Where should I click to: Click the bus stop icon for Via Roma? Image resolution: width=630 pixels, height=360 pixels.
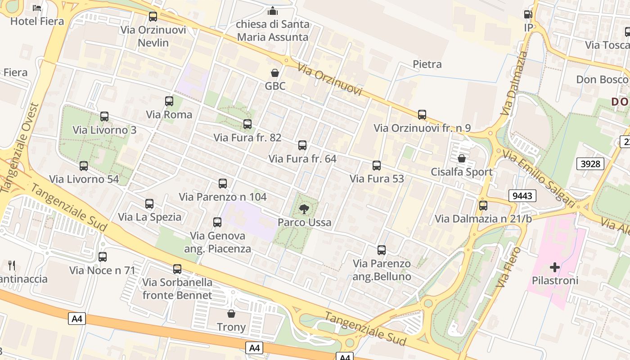coord(169,101)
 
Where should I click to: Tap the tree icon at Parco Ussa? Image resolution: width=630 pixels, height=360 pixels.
coord(304,208)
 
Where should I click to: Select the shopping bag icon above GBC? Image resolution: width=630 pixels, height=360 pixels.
coord(274,73)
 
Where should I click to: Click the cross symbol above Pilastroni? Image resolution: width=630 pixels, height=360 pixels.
coord(554,267)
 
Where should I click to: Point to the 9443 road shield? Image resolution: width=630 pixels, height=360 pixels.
coord(522,196)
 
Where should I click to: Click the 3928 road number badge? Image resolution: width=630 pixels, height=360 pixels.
coord(590,163)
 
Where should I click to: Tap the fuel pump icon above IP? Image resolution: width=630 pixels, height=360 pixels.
coord(528,14)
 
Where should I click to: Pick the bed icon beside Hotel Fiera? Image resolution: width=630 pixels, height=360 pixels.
coord(37,8)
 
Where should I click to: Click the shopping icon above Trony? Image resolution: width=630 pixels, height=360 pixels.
coord(231,314)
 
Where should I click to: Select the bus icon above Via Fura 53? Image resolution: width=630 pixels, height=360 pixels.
coord(377,166)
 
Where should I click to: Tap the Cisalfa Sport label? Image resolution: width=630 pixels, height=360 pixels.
coord(462,172)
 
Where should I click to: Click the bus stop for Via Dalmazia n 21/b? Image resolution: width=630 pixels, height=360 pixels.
coord(483,206)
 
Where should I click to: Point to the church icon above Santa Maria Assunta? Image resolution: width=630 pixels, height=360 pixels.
coord(273,11)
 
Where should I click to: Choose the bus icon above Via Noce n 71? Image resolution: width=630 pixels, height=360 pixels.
coord(103,257)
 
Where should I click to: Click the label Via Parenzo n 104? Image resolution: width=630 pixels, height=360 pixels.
coord(223,197)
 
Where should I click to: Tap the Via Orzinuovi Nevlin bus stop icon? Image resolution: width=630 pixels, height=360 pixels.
coord(153,17)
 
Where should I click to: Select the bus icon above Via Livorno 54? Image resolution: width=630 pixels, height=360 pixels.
coord(84,166)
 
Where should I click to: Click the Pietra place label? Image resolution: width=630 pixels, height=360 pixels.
coord(427,64)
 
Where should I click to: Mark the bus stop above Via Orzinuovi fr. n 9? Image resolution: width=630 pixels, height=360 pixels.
coord(422,115)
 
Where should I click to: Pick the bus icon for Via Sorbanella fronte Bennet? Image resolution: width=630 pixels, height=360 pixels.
coord(177,269)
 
